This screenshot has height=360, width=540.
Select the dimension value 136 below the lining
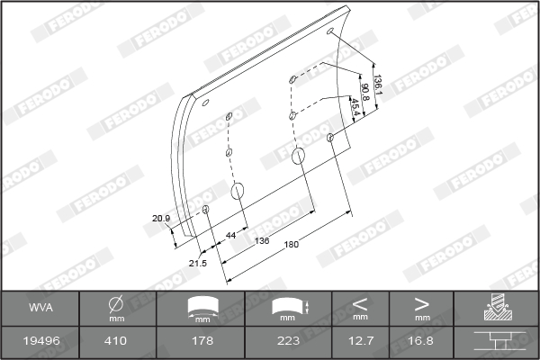263,240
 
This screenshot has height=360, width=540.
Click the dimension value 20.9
161,218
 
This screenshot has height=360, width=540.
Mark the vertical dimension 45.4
355,108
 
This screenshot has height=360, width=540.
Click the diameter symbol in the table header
115,305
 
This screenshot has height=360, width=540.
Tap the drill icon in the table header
496,309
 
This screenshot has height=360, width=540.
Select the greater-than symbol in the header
421,304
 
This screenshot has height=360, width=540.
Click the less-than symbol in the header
361,304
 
